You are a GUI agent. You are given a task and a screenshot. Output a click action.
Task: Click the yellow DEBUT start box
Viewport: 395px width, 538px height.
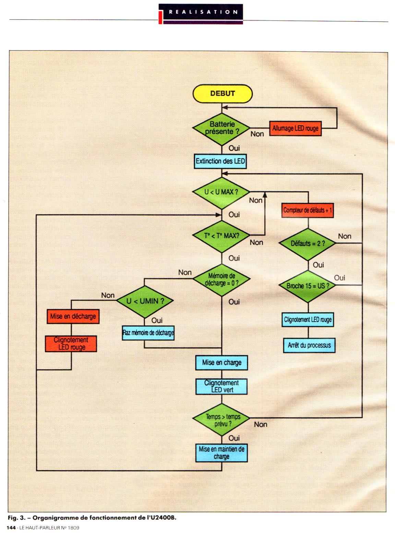coord(223,93)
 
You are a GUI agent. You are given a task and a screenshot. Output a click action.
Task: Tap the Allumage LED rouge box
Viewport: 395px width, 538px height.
coord(295,129)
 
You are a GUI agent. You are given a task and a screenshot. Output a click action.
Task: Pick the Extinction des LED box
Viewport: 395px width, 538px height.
coord(220,161)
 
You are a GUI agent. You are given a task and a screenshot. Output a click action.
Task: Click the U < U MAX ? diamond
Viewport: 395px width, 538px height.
coord(221,192)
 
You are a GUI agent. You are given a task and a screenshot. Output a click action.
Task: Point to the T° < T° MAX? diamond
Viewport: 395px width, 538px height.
coord(222,236)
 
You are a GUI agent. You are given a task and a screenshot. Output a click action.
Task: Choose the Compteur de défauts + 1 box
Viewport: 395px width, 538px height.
coord(308,210)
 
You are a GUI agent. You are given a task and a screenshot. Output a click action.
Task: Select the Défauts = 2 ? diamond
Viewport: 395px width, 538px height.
coord(308,243)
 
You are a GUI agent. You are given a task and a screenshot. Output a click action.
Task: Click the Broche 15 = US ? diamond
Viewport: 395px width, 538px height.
coord(308,285)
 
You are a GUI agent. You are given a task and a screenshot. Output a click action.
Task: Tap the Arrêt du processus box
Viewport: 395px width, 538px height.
coord(309,345)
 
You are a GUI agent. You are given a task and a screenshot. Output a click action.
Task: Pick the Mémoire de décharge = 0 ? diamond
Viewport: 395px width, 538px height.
coord(222,280)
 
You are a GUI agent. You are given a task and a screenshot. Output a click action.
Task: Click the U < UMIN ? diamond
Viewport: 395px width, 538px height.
coord(145,301)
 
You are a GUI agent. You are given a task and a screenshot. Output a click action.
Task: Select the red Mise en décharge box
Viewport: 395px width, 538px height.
coord(73,316)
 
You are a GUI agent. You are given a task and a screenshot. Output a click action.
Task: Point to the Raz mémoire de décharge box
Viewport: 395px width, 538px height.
coord(148,333)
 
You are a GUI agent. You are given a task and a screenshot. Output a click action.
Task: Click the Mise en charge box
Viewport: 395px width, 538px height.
coord(222,363)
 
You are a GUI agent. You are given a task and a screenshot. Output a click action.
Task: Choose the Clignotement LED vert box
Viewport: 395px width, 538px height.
coord(222,386)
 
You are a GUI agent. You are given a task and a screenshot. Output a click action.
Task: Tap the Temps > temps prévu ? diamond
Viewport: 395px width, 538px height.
coord(222,420)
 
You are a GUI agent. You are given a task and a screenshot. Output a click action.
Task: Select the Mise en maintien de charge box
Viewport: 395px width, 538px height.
coord(222,453)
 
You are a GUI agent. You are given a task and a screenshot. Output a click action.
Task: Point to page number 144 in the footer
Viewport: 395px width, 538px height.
coord(11,528)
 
